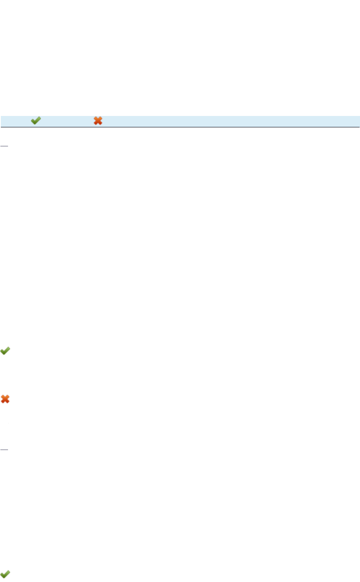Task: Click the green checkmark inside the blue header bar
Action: click(x=36, y=121)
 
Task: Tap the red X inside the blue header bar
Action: click(x=97, y=121)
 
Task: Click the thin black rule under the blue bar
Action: click(x=180, y=127)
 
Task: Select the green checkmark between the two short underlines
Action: click(x=5, y=350)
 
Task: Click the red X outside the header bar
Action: click(x=5, y=399)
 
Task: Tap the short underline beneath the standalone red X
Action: click(x=4, y=449)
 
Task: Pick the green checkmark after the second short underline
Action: click(x=5, y=574)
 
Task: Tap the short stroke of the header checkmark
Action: click(x=33, y=121)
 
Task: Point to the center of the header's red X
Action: click(x=97, y=121)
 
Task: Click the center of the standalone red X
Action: click(x=5, y=399)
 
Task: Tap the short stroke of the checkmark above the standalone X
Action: click(x=3, y=351)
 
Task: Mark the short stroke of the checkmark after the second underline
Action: click(x=3, y=574)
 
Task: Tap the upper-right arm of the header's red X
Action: click(x=100, y=118)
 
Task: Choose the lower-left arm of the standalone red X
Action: click(x=3, y=401)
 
